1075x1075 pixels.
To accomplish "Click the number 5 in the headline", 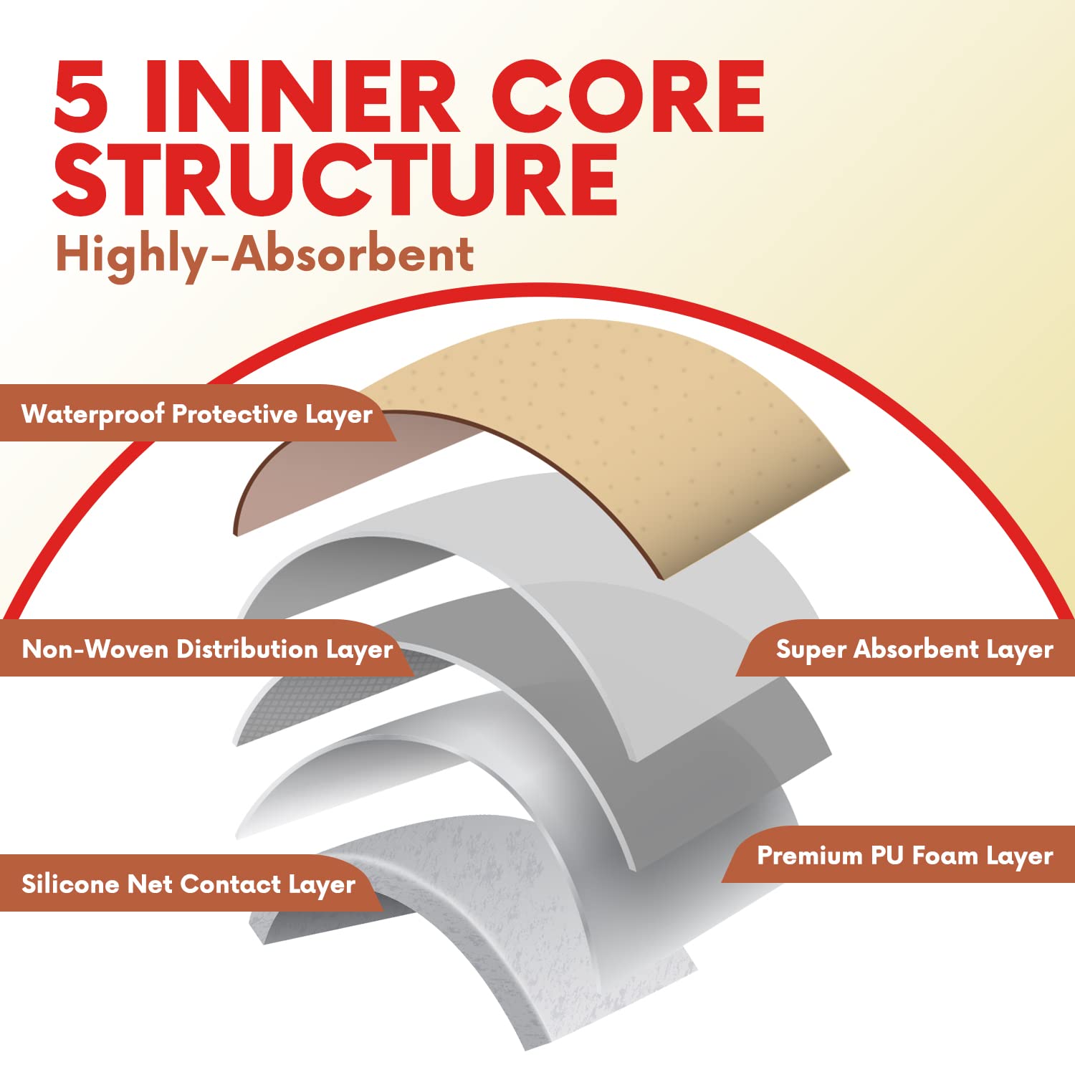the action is click(81, 96).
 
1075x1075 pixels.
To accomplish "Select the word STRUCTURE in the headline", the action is click(335, 179).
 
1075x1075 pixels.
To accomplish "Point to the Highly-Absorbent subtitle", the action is click(264, 255).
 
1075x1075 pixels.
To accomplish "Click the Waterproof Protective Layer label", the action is click(197, 414).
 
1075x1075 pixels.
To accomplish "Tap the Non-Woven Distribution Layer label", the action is click(208, 649).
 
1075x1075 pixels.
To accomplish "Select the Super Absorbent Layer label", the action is click(914, 649).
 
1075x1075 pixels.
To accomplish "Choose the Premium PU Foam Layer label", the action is click(905, 856).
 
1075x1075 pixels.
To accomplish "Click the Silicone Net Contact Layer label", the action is click(188, 884).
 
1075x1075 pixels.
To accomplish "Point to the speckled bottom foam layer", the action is click(502, 932).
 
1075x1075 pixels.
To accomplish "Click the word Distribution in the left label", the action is click(247, 649).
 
